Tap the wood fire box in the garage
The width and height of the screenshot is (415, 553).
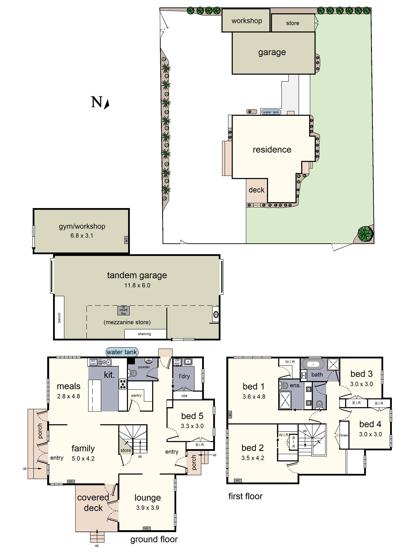point(123,311)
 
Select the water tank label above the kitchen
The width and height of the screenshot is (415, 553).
point(122,352)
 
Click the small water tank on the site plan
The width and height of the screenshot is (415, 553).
point(271,112)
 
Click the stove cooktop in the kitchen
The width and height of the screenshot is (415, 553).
point(123,384)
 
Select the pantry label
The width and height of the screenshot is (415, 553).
point(136,395)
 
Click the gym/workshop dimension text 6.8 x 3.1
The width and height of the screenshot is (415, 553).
point(82,236)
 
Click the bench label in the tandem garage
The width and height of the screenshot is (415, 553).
point(59,317)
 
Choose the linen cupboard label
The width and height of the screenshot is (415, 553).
point(344,435)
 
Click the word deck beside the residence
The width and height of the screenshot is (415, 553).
point(256,190)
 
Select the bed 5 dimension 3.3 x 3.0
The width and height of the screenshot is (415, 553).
point(192,426)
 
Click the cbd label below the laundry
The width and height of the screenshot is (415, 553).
point(184,396)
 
